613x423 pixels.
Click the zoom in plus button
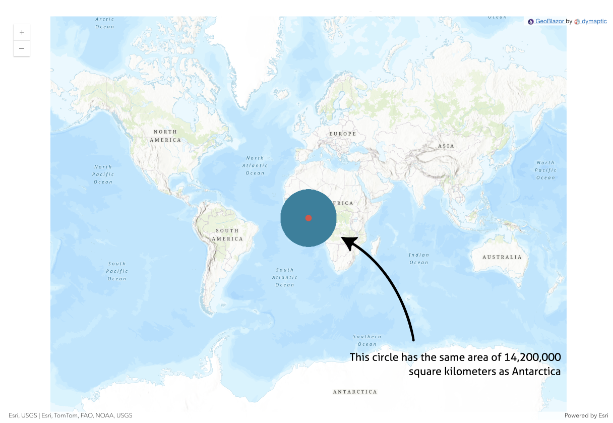coord(22,32)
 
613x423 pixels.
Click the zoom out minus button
coord(22,49)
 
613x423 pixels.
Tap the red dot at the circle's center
coord(309,218)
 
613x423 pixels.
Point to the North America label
coord(165,136)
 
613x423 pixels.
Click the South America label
coord(227,234)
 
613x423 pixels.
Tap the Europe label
coord(343,134)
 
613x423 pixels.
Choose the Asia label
coord(446,146)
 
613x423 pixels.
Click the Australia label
coord(502,257)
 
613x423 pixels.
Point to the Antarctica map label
coord(355,392)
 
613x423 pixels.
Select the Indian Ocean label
coord(419,259)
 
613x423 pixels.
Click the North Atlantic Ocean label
coord(255,165)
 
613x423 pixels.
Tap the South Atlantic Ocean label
coord(285,277)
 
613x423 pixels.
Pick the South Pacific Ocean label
coord(117,271)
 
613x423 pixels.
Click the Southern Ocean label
coord(367,340)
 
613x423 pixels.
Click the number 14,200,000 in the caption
coord(533,357)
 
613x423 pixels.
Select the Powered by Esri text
coord(586,415)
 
